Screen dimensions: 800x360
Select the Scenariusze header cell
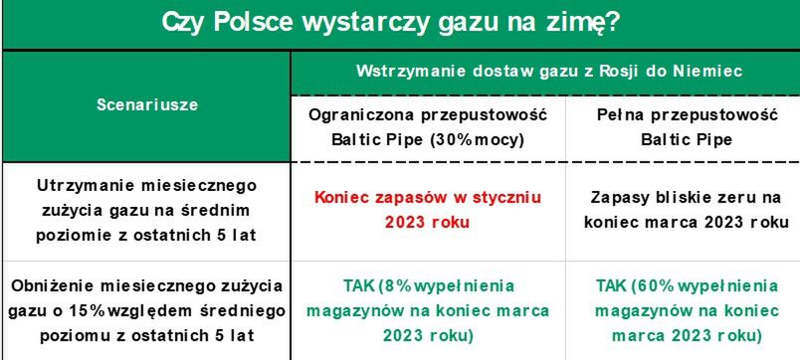(x=147, y=105)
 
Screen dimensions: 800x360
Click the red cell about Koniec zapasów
(x=428, y=210)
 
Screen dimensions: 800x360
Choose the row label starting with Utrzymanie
(x=147, y=210)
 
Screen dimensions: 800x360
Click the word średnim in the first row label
(x=214, y=210)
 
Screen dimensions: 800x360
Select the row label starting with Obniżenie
(x=147, y=310)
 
